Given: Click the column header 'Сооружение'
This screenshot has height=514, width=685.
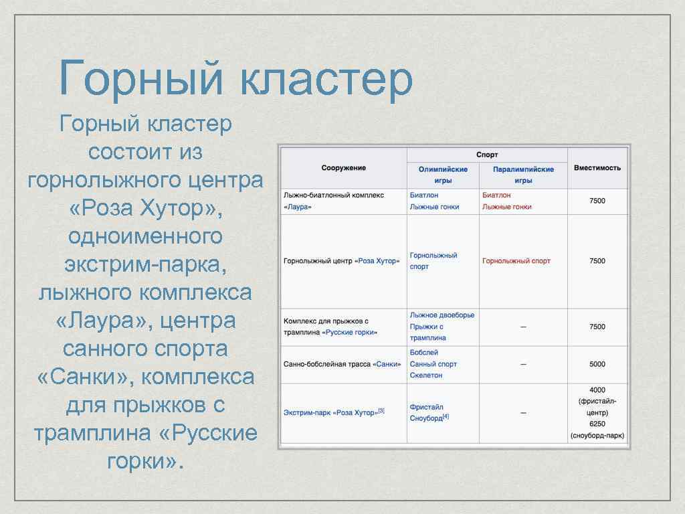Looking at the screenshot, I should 343,168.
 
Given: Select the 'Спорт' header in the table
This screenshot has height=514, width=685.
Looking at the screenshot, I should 486,155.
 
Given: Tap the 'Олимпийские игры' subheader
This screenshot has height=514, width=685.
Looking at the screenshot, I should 443,175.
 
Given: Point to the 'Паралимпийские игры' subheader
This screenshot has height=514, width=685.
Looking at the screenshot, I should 523,175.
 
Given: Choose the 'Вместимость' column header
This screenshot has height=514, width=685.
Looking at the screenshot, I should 597,168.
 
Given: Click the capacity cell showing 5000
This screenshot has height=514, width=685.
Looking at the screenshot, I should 597,364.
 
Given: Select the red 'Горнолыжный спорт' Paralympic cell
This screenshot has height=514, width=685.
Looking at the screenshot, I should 516,261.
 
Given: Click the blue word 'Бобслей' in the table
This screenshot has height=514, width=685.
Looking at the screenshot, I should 424,353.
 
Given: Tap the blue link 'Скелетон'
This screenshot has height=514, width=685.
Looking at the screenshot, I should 426,375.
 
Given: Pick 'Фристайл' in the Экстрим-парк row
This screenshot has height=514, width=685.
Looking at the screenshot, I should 426,407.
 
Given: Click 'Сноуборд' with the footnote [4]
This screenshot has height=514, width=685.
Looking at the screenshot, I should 426,418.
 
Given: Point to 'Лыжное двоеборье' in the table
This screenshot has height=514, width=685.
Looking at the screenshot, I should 442,315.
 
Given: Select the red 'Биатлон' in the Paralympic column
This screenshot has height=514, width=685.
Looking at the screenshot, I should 496,195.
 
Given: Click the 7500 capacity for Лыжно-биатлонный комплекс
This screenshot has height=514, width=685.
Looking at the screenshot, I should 597,201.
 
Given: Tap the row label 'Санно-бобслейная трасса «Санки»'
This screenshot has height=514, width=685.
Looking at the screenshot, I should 342,364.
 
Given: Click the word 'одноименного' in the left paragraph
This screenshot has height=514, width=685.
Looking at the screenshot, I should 145,237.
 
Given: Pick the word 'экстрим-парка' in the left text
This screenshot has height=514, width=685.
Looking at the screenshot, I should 145,264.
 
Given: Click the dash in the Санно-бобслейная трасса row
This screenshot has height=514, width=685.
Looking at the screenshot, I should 523,364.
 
